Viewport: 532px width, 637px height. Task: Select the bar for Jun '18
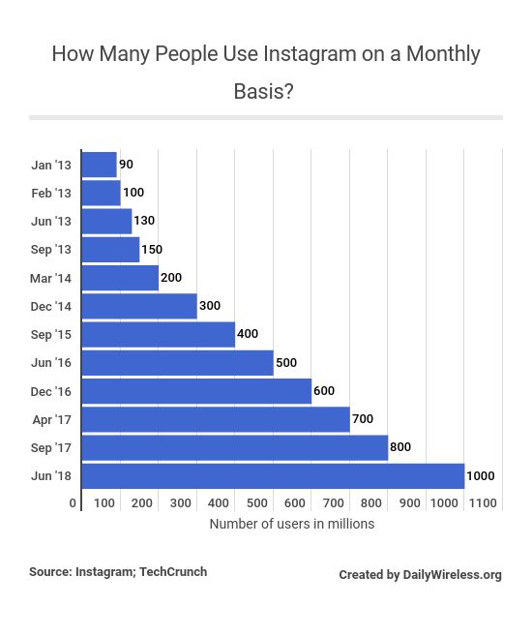tap(273, 476)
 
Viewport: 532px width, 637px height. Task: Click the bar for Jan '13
tap(100, 165)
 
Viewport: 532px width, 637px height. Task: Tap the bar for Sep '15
tap(159, 335)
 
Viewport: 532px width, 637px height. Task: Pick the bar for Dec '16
tap(196, 391)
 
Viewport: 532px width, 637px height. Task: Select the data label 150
tap(152, 250)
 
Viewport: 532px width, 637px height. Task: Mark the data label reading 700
tap(362, 419)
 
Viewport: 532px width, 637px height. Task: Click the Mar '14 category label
tap(51, 279)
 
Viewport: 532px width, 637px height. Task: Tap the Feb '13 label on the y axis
tap(51, 194)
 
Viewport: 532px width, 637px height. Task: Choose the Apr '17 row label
tap(52, 420)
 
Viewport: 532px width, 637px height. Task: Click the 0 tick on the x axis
tap(73, 503)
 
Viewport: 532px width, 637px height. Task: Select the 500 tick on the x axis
tap(256, 503)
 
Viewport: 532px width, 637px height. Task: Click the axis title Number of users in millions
tap(291, 524)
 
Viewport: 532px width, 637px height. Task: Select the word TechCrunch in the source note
tap(173, 572)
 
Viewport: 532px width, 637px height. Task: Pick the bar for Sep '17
tap(235, 448)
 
